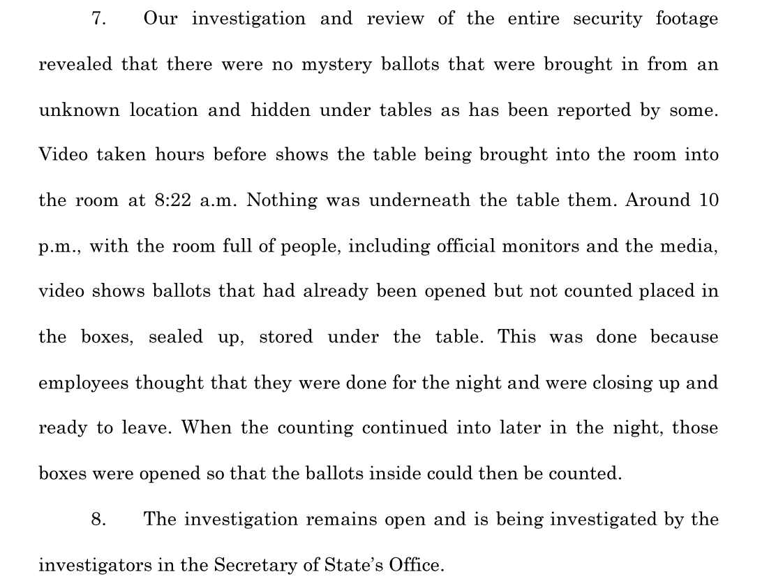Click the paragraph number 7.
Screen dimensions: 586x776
pos(98,19)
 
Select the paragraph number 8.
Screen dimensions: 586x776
pos(98,519)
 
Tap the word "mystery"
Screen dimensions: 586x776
pos(336,65)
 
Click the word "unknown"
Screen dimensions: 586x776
pos(79,110)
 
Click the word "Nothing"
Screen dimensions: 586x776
pos(282,200)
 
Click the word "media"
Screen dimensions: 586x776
pos(691,246)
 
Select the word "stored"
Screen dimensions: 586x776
pos(286,337)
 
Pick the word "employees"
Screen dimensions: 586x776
pos(82,383)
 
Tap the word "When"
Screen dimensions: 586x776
pos(206,428)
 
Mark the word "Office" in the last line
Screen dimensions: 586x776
pos(417,564)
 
